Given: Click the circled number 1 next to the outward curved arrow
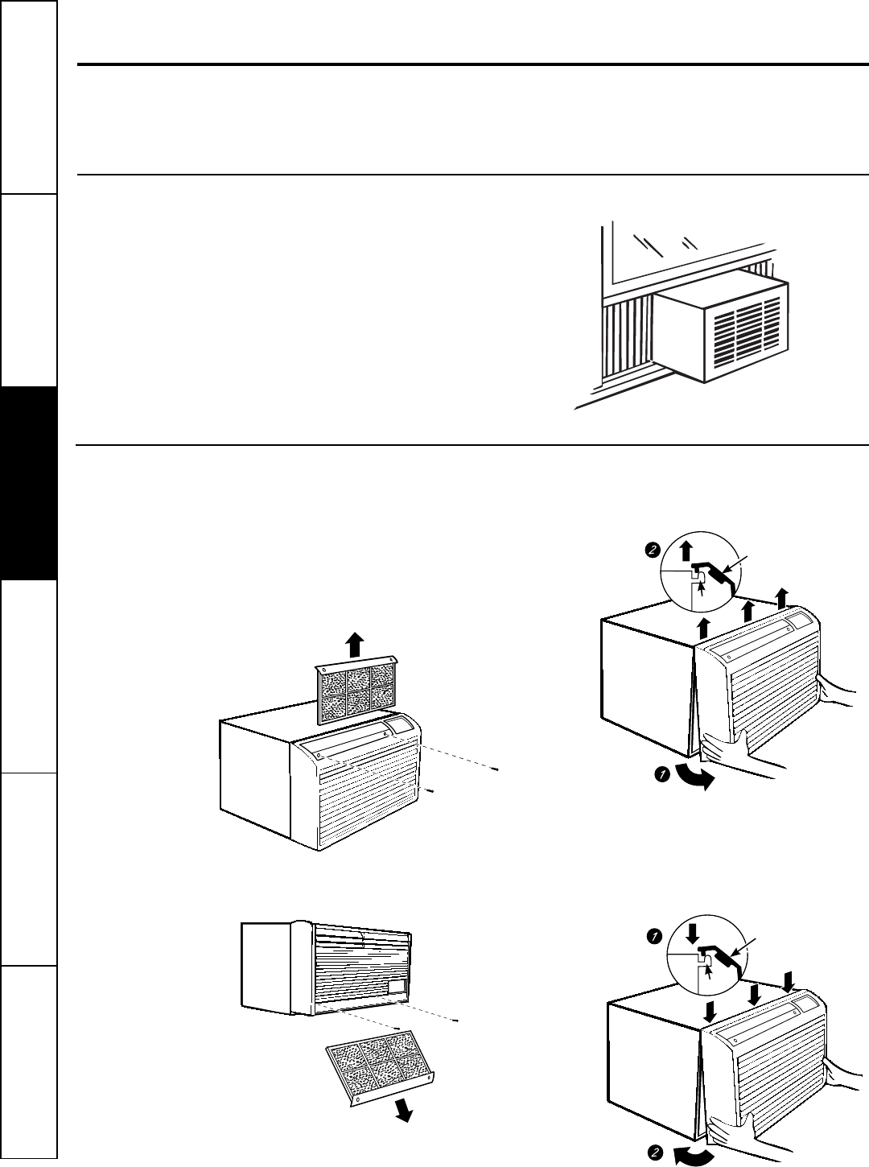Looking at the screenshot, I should [661, 774].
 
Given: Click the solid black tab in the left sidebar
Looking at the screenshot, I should [30, 483].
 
